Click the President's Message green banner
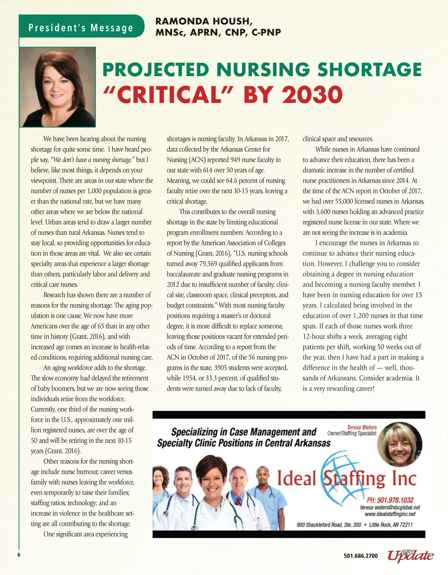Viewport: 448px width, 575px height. tap(81, 27)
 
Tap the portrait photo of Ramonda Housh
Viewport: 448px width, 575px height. tap(58, 87)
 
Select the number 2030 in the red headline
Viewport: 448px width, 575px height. tap(312, 95)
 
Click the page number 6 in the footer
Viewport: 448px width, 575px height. tap(19, 555)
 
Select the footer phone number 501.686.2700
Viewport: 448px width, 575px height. tap(361, 556)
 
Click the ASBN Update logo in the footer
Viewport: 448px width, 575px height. tap(411, 555)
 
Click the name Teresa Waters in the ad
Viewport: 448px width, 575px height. tap(362, 427)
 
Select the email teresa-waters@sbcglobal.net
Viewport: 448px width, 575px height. tap(390, 507)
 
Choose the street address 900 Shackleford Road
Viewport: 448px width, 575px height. tap(329, 525)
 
